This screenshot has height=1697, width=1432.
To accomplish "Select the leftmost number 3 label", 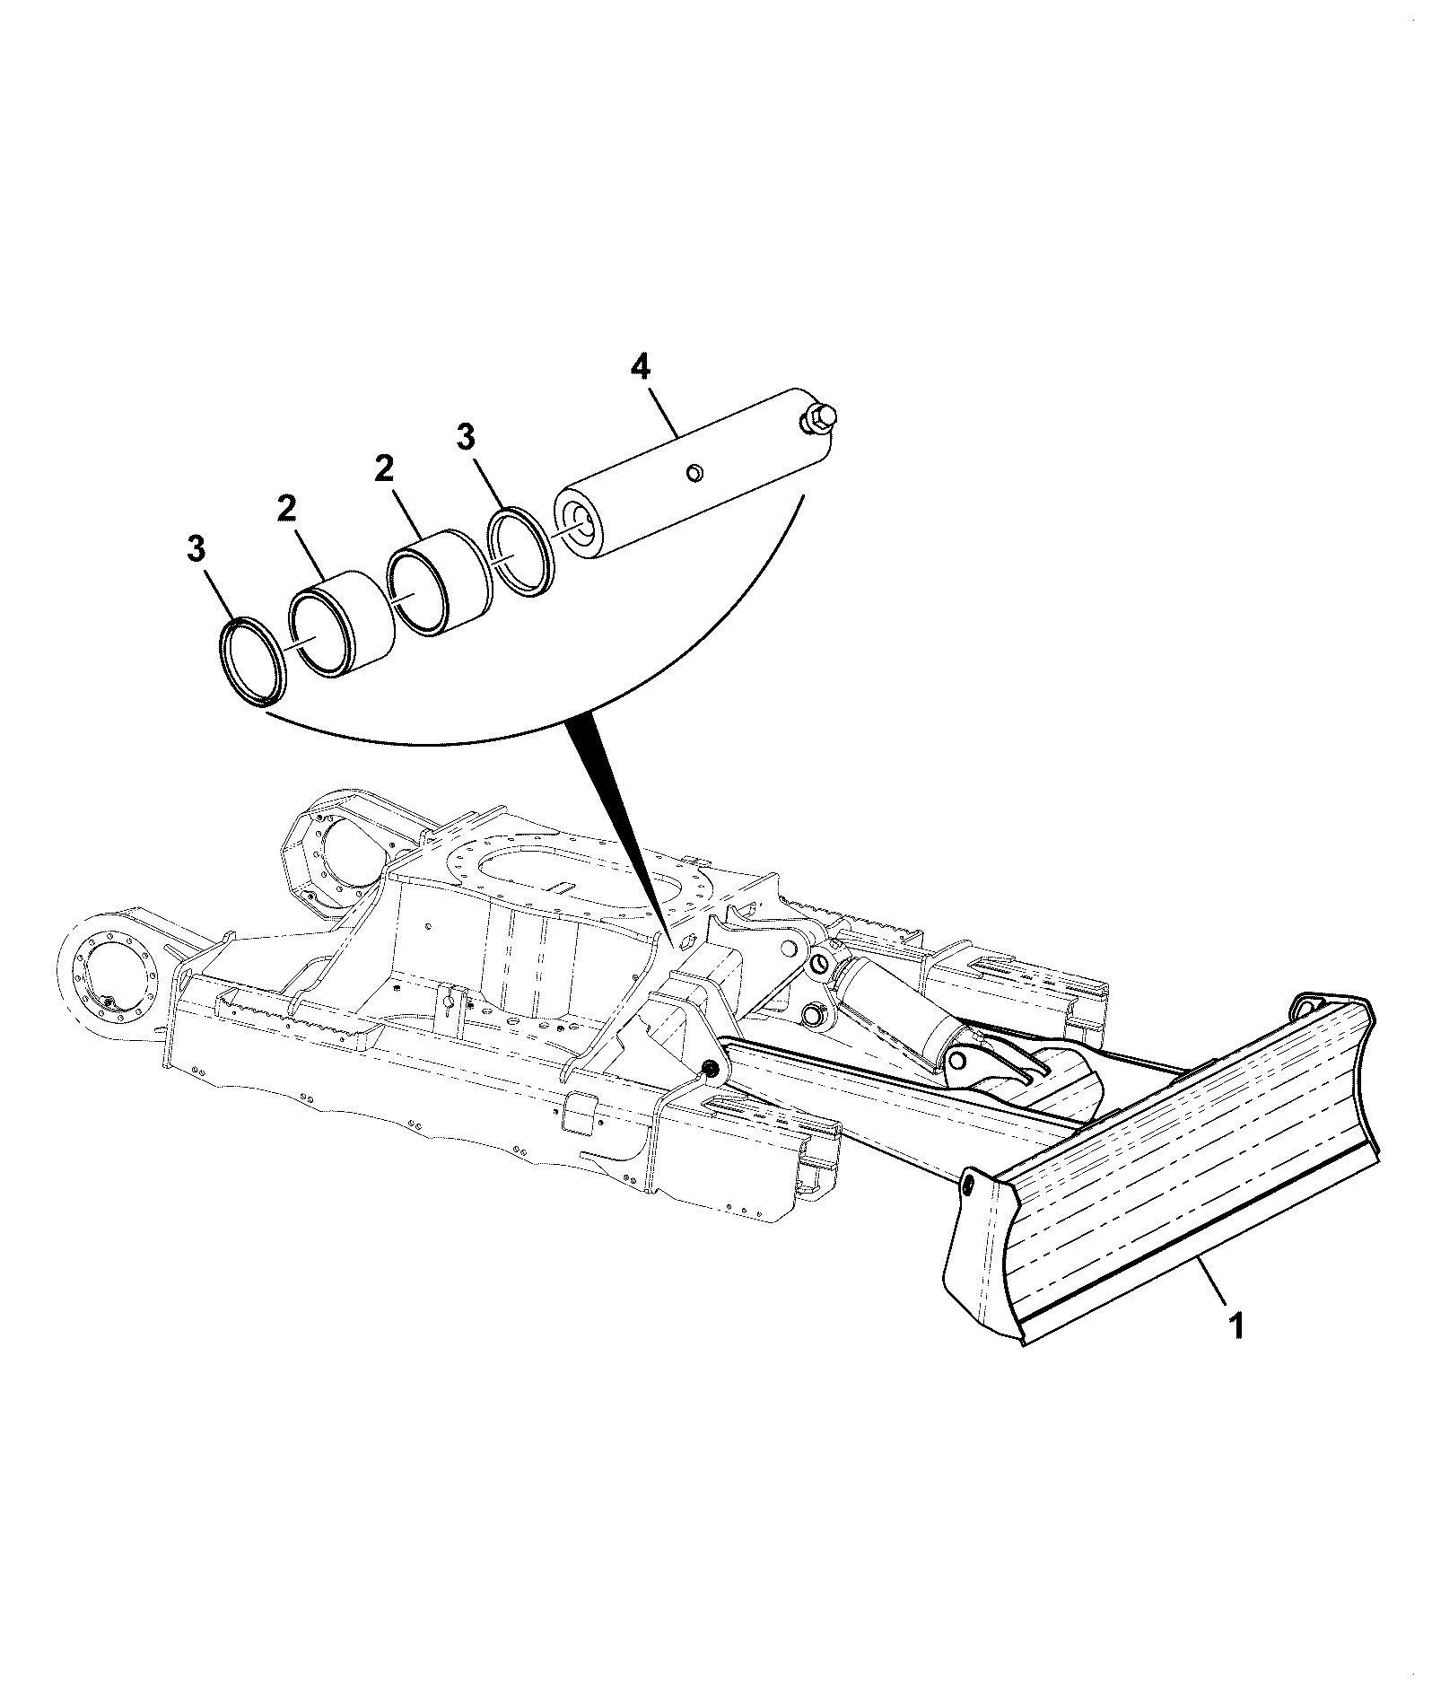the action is coord(196,548).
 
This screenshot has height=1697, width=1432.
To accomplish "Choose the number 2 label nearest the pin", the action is coord(385,469).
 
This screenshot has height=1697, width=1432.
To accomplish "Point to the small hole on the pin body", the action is coord(694,471).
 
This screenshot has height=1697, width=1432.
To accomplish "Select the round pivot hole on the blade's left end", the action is coord(971,1186).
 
